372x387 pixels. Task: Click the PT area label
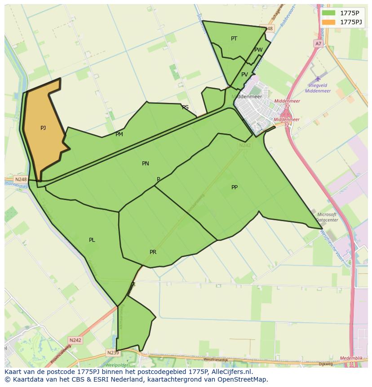click(x=234, y=39)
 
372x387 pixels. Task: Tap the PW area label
click(x=258, y=50)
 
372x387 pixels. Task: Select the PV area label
click(x=244, y=75)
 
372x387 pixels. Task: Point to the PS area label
click(x=185, y=107)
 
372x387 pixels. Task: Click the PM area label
click(x=119, y=134)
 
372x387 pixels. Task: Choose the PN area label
click(x=145, y=164)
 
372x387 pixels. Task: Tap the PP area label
click(x=235, y=187)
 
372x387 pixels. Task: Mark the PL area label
click(x=92, y=240)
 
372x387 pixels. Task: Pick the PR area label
click(x=153, y=252)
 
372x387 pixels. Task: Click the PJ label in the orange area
click(x=43, y=128)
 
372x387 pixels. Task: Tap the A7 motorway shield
click(x=318, y=44)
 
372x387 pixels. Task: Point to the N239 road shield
click(x=113, y=353)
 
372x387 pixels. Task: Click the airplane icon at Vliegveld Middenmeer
click(x=318, y=79)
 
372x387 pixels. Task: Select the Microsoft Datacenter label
click(x=327, y=218)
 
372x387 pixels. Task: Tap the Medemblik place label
click(x=351, y=358)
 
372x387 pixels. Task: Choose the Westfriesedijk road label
click(x=216, y=360)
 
